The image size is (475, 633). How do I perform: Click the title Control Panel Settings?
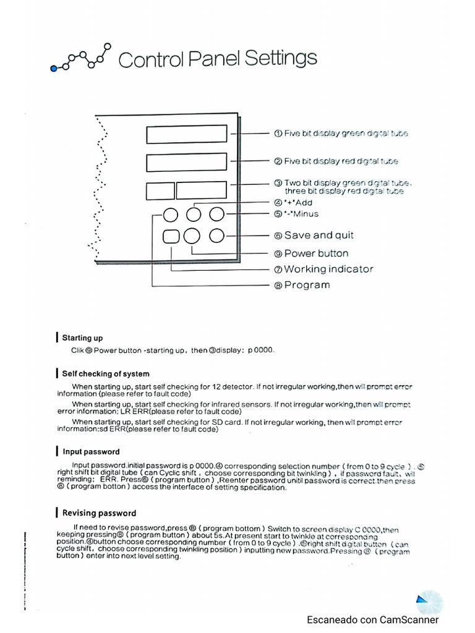217,59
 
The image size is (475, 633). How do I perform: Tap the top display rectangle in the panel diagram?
187,134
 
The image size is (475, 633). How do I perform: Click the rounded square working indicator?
171,236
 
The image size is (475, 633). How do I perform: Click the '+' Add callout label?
298,203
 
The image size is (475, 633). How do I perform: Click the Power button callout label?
310,253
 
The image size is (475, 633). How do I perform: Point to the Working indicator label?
323,269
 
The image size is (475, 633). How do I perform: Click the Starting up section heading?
82,338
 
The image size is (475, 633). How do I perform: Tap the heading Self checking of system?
106,373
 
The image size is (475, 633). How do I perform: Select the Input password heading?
91,452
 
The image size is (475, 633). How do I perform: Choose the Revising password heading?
99,513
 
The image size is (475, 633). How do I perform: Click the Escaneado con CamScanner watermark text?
373,619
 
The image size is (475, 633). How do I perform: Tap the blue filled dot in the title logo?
54,68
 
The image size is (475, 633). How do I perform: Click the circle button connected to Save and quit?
216,236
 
